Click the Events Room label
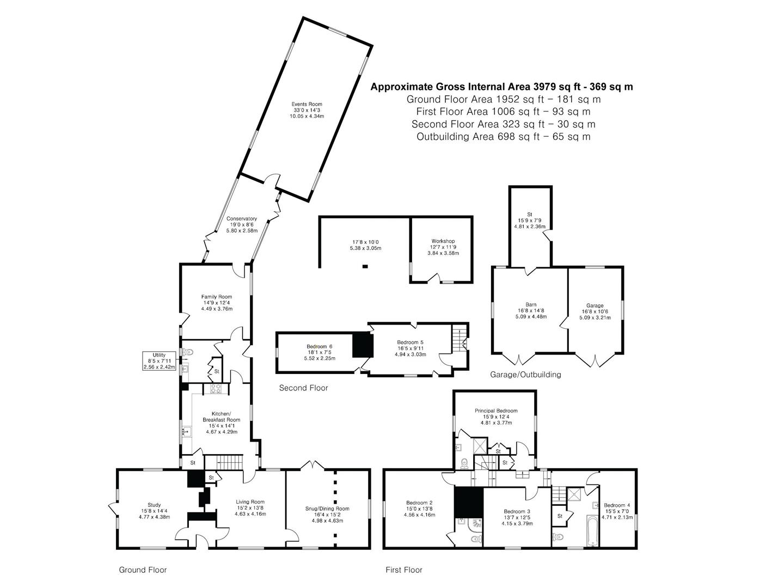click(307, 104)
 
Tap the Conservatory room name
click(241, 218)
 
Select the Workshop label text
click(443, 241)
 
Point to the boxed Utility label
click(159, 361)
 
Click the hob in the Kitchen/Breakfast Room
click(216, 389)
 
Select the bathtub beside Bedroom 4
click(592, 530)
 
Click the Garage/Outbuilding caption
click(525, 375)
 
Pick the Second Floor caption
click(303, 388)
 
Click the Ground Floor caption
click(143, 570)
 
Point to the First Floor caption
click(403, 570)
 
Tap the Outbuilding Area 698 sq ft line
click(503, 136)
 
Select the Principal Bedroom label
click(496, 411)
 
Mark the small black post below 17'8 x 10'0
click(365, 266)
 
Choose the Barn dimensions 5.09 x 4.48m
click(531, 316)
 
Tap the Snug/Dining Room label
click(327, 509)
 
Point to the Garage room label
click(595, 305)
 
